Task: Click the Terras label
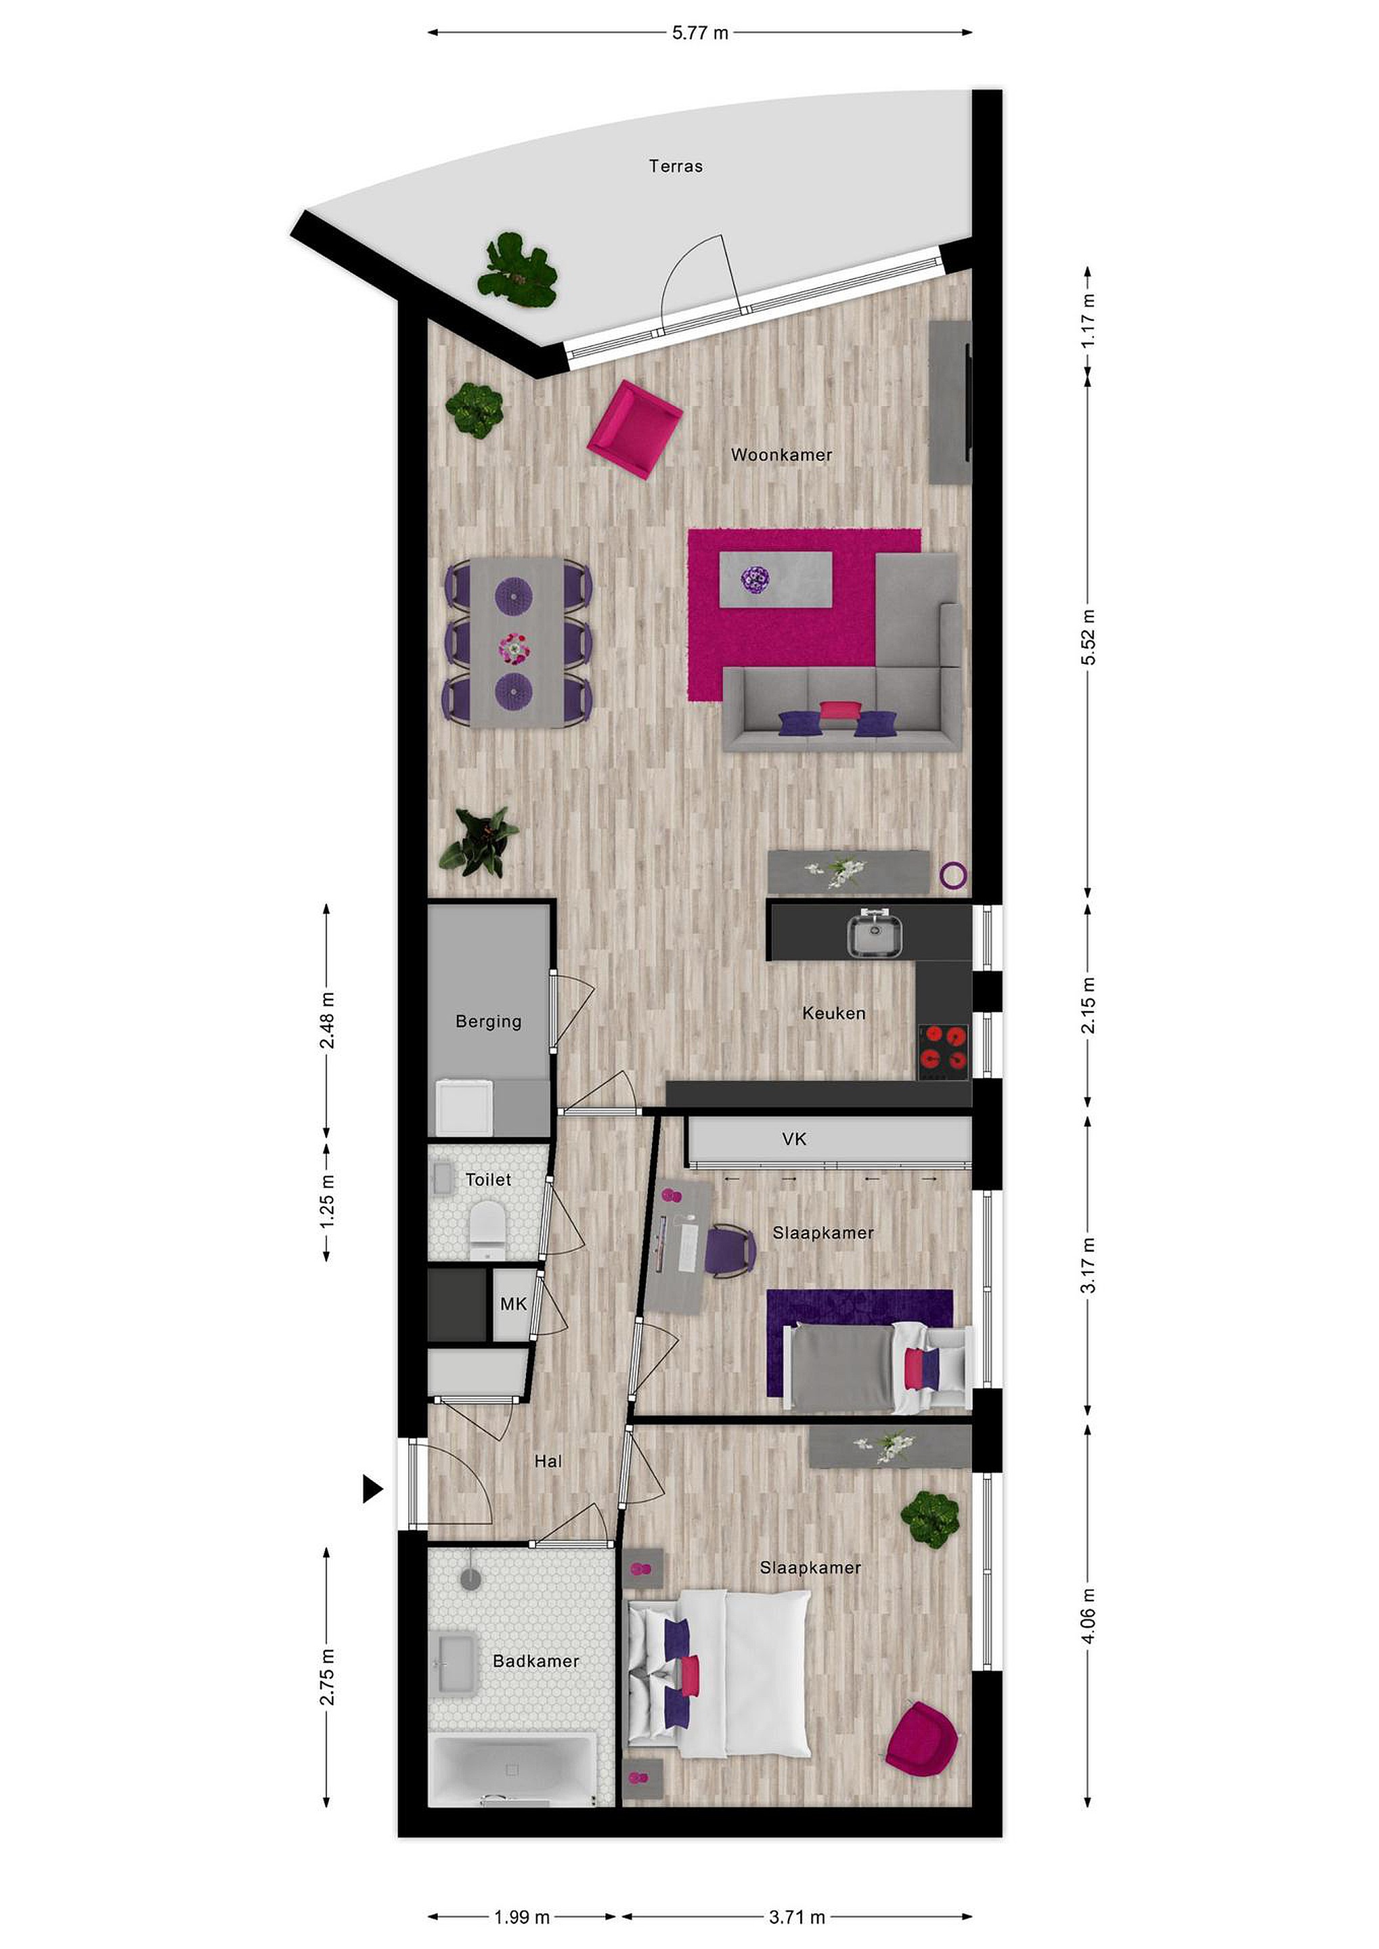click(675, 166)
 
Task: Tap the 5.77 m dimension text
click(700, 33)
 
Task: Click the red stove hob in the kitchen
click(944, 1047)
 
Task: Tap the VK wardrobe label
click(794, 1139)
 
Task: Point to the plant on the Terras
click(517, 270)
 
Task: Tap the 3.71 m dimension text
click(797, 1892)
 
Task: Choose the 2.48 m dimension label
click(327, 1019)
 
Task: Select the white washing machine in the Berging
click(464, 1105)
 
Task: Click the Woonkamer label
click(781, 455)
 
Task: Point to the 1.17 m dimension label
click(1088, 320)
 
